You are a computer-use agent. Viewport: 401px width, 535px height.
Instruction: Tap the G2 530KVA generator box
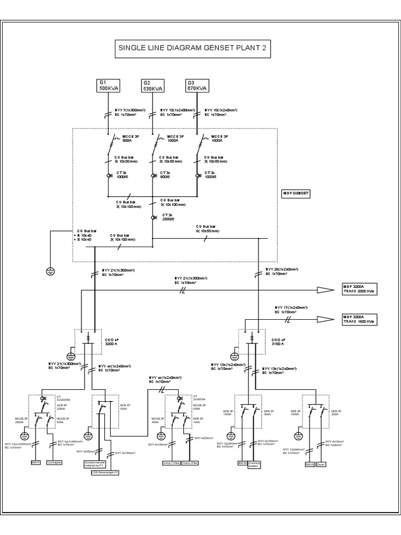click(x=153, y=86)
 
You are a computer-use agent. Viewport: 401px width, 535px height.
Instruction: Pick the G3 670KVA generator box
click(x=197, y=86)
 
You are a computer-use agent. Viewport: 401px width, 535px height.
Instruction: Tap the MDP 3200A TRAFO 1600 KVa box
click(x=359, y=319)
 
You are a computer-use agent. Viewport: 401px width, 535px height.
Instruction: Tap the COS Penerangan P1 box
click(x=105, y=472)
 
